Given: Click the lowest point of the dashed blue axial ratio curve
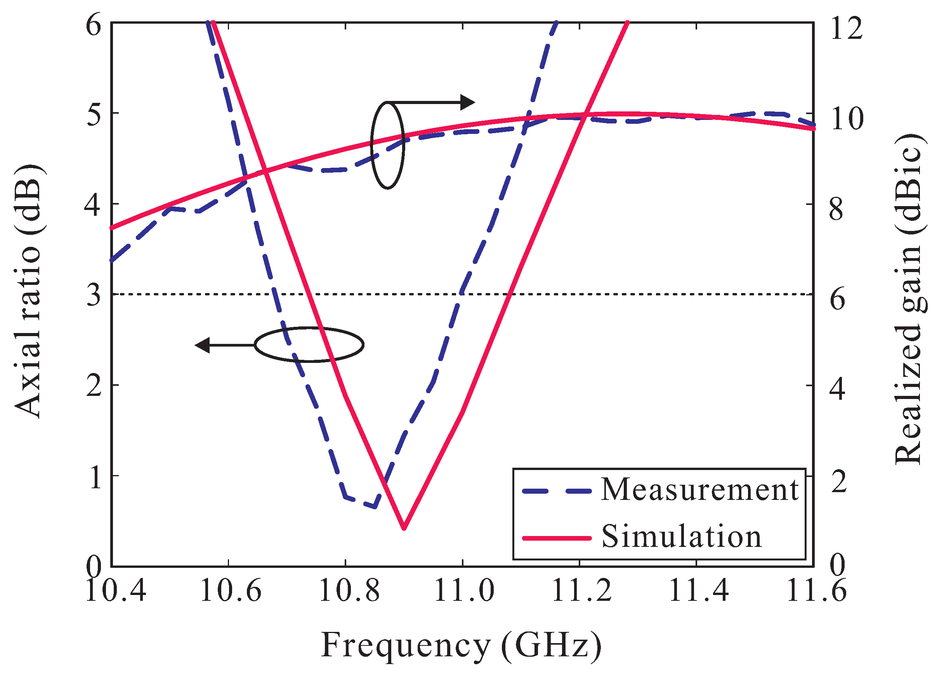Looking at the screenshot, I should (x=374, y=507).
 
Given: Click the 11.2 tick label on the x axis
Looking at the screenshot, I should (x=582, y=591).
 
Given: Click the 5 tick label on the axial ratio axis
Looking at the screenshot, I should (x=94, y=114).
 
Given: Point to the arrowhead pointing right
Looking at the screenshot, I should (x=468, y=102).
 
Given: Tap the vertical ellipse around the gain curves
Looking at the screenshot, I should (x=387, y=146).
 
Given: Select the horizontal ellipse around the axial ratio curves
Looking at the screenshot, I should (x=309, y=345).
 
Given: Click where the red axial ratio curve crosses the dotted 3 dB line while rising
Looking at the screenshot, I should (x=511, y=295).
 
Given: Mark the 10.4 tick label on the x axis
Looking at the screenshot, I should (x=116, y=591).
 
